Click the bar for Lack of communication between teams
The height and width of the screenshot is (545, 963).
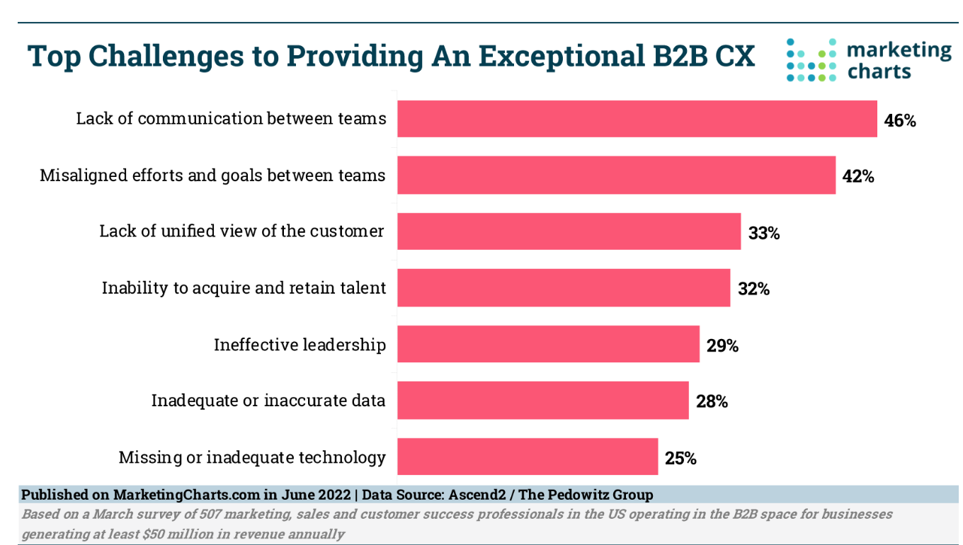(x=637, y=118)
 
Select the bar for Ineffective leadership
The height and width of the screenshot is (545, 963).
(x=548, y=344)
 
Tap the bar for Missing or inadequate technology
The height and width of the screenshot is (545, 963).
(x=528, y=457)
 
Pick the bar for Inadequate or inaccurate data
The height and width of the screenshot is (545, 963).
(x=542, y=401)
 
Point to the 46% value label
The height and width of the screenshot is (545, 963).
(x=900, y=120)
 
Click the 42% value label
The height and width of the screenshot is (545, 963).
(x=858, y=176)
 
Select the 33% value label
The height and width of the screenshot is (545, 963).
(x=764, y=233)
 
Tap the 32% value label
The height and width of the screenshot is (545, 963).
(x=753, y=289)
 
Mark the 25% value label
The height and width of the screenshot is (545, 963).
(x=680, y=458)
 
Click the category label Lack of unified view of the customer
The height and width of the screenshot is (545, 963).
(x=241, y=231)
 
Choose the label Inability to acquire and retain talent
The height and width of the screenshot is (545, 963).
(x=244, y=287)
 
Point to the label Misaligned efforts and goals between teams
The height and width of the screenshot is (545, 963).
(x=212, y=175)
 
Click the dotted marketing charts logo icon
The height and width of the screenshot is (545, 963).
(x=811, y=60)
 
